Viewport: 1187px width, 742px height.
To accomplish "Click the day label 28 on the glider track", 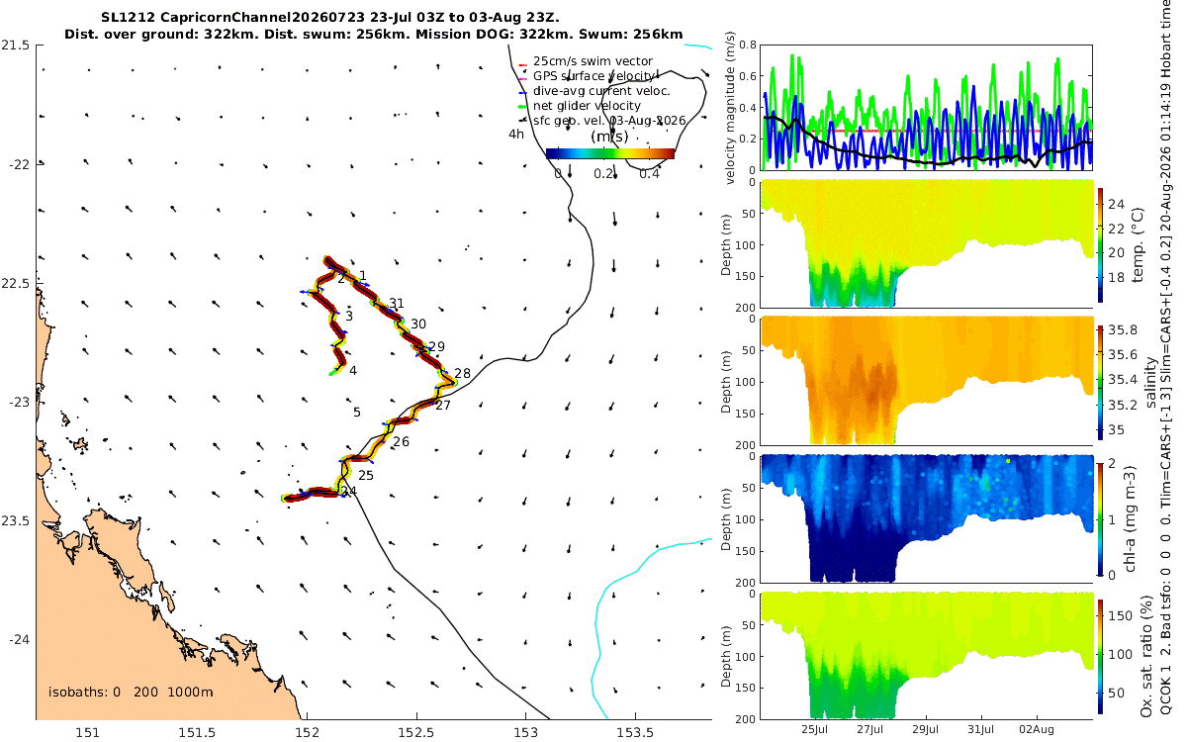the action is point(462,373).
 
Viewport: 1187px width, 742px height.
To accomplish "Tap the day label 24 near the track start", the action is point(348,492).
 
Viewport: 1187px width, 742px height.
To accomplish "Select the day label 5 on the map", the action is point(357,412).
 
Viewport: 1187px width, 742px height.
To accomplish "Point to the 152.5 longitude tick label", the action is point(416,732).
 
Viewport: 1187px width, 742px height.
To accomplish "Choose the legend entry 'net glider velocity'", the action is point(587,106).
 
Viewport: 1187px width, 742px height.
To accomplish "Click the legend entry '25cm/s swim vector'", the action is point(593,61).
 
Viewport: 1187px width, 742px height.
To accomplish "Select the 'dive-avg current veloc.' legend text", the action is point(601,91).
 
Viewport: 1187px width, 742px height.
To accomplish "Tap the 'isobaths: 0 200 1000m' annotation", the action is point(131,692).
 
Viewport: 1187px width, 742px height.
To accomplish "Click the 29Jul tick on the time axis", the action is point(925,729).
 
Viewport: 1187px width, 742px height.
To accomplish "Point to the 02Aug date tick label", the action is point(1037,729).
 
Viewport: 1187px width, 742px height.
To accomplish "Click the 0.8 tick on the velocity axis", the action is point(747,46).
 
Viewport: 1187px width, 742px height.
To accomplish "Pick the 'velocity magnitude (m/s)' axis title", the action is point(730,108).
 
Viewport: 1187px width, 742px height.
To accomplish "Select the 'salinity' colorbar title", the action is point(1150,382).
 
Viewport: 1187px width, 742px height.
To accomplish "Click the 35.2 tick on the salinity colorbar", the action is point(1123,405).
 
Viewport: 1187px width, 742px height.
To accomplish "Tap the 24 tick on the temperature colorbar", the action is point(1117,204).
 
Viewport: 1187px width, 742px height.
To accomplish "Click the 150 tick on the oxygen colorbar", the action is point(1120,615).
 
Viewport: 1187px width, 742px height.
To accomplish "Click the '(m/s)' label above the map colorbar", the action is point(609,137).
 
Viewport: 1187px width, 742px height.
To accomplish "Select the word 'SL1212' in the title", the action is point(128,18).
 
